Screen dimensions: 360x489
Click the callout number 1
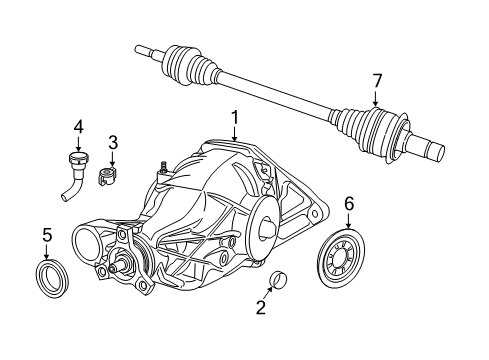point(235,120)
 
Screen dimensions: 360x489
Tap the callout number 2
point(261,308)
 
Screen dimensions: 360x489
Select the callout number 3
point(113,143)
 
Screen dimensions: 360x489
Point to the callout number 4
point(76,126)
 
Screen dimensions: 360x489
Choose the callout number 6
point(349,203)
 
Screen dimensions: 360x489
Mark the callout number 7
point(377,80)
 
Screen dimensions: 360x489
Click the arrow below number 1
point(235,136)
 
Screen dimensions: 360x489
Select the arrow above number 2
point(267,293)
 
